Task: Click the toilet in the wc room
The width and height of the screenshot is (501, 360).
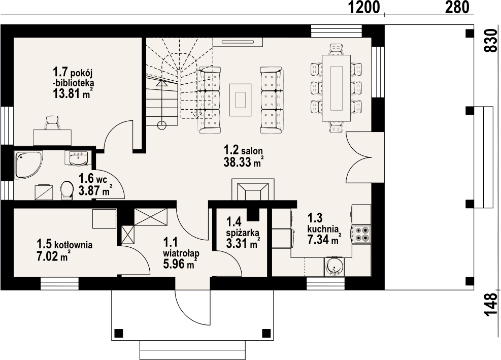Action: tap(66, 190)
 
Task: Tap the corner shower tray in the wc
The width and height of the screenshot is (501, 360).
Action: tap(28, 163)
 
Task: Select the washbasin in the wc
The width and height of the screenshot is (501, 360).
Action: tap(78, 158)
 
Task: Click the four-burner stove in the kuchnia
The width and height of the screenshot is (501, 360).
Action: tap(362, 234)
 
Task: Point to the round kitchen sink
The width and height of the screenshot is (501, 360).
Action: tap(334, 266)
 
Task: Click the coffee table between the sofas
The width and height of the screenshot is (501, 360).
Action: tap(240, 100)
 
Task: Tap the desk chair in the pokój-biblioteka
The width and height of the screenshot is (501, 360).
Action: tap(52, 123)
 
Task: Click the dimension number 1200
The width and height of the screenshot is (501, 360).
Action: tap(363, 7)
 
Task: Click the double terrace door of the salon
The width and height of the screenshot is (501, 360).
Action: tap(358, 157)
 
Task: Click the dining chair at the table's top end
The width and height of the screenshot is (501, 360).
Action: tap(337, 48)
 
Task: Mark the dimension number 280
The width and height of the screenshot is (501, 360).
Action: tap(456, 7)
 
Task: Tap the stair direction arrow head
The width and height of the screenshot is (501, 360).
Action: tap(162, 83)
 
